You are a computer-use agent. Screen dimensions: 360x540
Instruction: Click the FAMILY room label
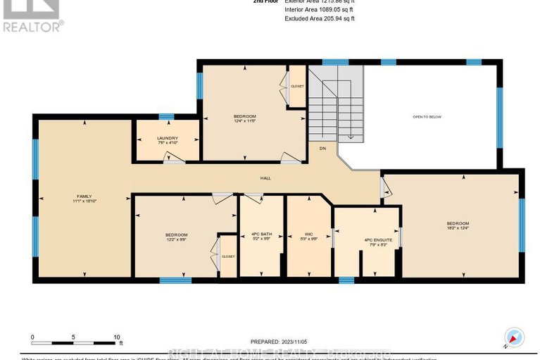click(x=84, y=196)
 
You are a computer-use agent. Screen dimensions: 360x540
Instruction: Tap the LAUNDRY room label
click(x=167, y=138)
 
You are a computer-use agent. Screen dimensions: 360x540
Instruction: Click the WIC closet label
click(x=308, y=234)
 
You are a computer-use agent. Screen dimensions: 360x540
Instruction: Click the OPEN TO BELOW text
click(x=427, y=117)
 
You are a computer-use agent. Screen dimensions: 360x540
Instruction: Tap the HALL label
click(x=265, y=178)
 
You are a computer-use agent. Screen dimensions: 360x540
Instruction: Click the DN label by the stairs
click(x=322, y=149)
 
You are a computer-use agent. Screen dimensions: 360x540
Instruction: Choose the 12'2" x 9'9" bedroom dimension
click(x=176, y=240)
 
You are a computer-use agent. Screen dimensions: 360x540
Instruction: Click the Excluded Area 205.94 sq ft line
click(x=320, y=18)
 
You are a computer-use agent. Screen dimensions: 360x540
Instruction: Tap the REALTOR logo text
click(x=32, y=25)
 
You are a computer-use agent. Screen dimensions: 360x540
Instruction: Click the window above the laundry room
click(x=167, y=116)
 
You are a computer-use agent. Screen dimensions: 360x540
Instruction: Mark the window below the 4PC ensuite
click(x=346, y=280)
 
